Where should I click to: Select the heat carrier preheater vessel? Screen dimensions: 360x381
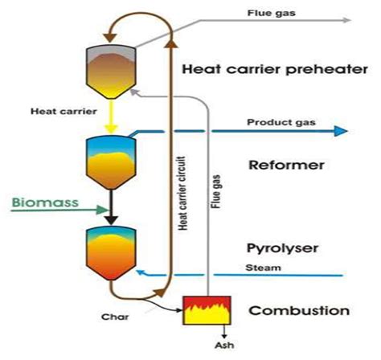click(110, 63)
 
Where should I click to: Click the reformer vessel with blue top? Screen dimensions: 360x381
click(110, 158)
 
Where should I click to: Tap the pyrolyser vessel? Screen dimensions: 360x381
click(110, 251)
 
